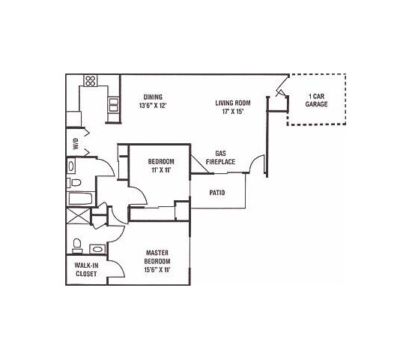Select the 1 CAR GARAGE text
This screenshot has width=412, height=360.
316,100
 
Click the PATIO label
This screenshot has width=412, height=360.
218,192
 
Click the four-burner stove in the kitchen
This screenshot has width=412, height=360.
91,80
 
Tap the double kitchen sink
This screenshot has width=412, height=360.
114,104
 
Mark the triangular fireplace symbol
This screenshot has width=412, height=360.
198,164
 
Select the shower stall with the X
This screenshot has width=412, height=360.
77,219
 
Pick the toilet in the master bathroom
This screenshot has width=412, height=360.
77,244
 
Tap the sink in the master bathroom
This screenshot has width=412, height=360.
97,249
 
